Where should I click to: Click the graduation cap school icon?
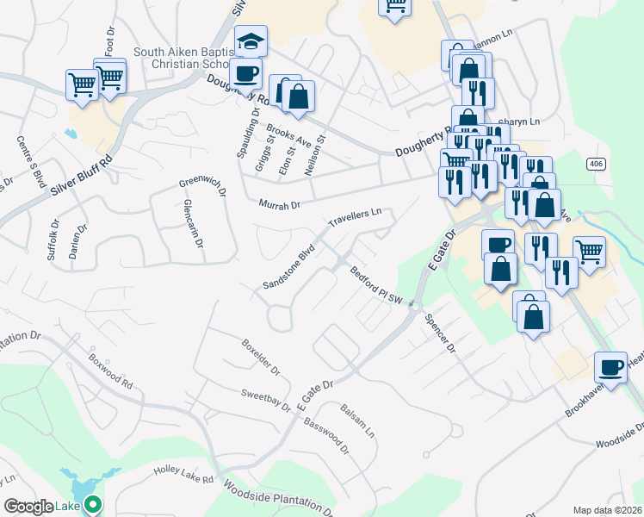[251, 40]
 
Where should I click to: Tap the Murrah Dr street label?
[280, 205]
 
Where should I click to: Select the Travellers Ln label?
[354, 217]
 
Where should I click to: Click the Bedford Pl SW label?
[376, 285]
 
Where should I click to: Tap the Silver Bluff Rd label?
[82, 175]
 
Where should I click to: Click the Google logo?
[28, 507]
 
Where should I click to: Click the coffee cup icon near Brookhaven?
[611, 367]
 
